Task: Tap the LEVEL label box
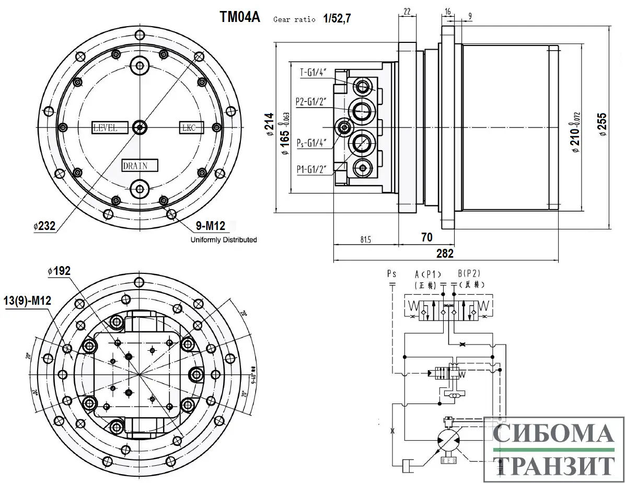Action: click(111, 127)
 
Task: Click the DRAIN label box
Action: click(140, 166)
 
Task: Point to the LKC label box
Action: click(191, 127)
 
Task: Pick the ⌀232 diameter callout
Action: click(44, 226)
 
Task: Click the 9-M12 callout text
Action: click(210, 226)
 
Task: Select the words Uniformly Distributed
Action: click(224, 240)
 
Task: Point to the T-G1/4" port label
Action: click(314, 73)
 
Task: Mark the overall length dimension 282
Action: click(445, 254)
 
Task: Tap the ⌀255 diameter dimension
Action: click(603, 124)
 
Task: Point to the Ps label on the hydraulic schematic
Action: click(392, 273)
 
